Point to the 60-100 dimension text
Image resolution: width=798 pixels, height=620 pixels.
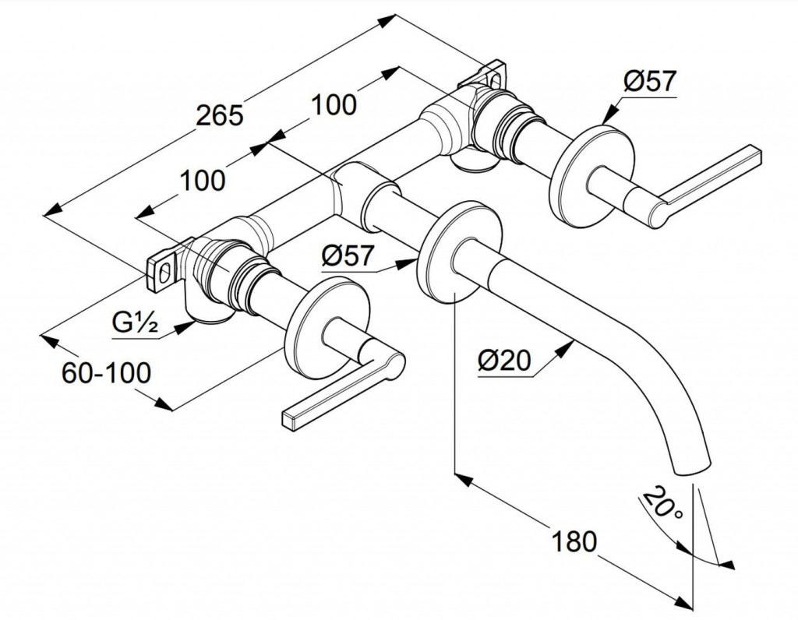pos(105,374)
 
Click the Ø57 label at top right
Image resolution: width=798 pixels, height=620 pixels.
pos(649,81)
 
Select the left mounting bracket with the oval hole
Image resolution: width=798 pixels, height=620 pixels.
pos(166,267)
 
